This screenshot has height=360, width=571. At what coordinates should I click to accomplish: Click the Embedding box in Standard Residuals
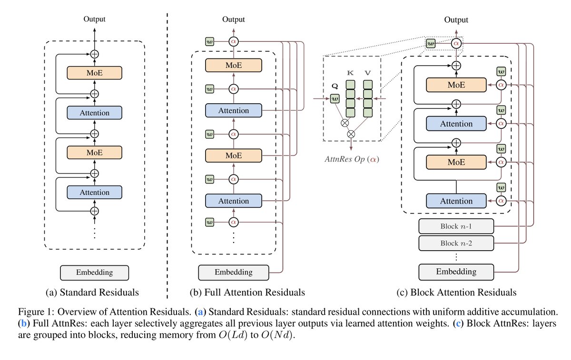pos(94,272)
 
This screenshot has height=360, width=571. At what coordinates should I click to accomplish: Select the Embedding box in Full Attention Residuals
pos(234,272)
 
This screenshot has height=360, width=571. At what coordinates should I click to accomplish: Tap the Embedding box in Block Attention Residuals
pos(456,272)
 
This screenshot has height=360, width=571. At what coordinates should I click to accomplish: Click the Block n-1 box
pos(456,226)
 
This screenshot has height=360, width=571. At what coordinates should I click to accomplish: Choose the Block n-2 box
pos(456,243)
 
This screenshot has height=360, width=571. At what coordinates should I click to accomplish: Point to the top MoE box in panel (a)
pos(94,73)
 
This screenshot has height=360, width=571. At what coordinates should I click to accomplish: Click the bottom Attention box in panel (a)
pos(94,192)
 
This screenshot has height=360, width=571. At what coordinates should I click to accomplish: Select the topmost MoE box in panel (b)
pos(234,65)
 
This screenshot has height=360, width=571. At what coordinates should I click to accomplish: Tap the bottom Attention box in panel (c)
pos(456,201)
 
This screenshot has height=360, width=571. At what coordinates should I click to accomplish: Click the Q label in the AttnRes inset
pos(335,86)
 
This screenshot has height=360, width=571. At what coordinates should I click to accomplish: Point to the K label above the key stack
pos(350,73)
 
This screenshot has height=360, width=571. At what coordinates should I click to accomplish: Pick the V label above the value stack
pos(367,73)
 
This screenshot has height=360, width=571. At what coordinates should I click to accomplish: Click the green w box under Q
pos(335,98)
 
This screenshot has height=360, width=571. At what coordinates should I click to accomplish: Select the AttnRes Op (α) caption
pos(352,159)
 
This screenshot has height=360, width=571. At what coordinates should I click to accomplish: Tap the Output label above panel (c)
pos(456,20)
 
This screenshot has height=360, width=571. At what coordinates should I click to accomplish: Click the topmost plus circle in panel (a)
pos(95,54)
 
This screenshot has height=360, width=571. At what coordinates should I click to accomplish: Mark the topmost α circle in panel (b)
pos(234,41)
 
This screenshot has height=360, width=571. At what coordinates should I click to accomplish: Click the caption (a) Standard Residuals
pos(92,292)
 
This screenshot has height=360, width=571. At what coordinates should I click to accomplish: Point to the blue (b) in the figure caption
pos(24,323)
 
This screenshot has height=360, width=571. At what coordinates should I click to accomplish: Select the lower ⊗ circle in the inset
pos(351,134)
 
